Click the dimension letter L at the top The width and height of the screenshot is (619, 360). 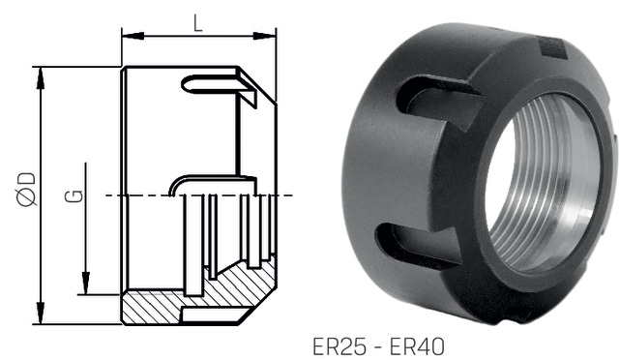[x=198, y=24]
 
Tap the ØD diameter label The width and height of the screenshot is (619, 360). [x=27, y=190]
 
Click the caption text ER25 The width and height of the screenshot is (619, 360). [x=339, y=346]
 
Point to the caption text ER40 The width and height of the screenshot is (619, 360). [x=417, y=346]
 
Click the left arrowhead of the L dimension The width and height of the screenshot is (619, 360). [x=133, y=36]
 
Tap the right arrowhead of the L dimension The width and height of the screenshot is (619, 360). [x=264, y=36]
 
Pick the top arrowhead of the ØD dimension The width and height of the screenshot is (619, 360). [x=41, y=78]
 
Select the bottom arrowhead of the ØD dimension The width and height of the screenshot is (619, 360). [x=41, y=313]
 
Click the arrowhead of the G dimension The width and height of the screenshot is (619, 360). [x=86, y=284]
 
